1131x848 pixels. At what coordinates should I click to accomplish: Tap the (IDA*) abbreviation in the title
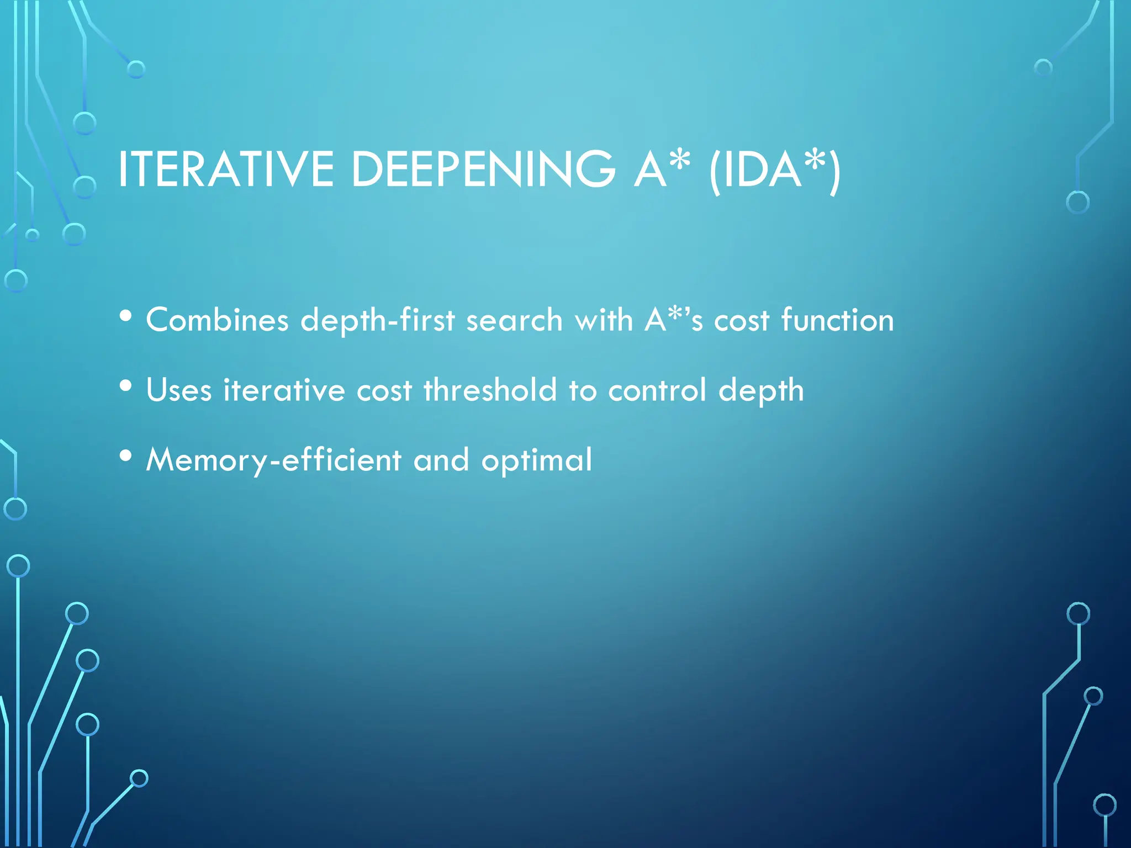(x=775, y=169)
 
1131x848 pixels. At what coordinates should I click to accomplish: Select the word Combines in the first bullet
(x=217, y=320)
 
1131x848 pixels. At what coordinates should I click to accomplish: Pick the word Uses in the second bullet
(x=178, y=390)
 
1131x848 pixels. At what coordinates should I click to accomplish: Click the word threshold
(x=490, y=390)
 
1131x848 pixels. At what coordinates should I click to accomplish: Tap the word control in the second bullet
(x=657, y=390)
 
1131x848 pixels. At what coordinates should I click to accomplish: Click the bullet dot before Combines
(x=126, y=316)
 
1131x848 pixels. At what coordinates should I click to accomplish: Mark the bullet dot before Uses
(x=126, y=386)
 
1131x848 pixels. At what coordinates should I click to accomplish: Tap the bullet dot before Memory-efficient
(x=126, y=456)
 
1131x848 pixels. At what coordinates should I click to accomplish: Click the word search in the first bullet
(x=514, y=320)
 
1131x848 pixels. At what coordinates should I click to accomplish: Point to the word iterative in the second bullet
(x=284, y=390)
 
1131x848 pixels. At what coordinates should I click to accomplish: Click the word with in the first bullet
(x=604, y=320)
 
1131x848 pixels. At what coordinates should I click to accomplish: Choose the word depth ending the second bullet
(x=761, y=390)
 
